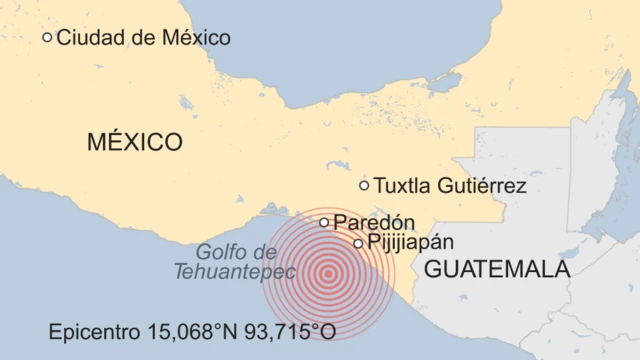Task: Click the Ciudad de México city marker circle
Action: [x=47, y=37]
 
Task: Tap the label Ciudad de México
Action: [x=143, y=38]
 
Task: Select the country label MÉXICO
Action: [x=135, y=142]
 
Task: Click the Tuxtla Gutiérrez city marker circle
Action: [x=364, y=185]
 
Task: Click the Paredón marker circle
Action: [x=324, y=222]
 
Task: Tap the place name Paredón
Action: [x=373, y=222]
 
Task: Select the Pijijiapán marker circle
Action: [x=358, y=243]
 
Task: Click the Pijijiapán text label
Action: [x=410, y=243]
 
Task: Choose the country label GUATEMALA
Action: [x=497, y=269]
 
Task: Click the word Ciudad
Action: [x=89, y=38]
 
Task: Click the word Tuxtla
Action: [x=402, y=186]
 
